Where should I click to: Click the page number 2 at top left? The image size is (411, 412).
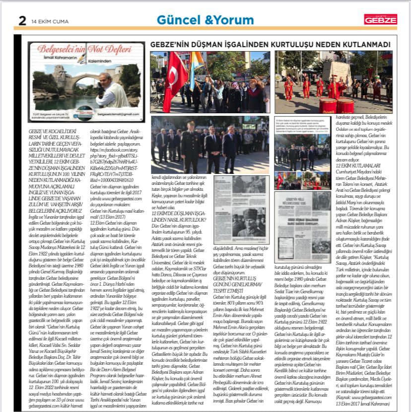(22, 20)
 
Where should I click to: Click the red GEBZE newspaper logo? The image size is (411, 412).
(380, 19)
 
